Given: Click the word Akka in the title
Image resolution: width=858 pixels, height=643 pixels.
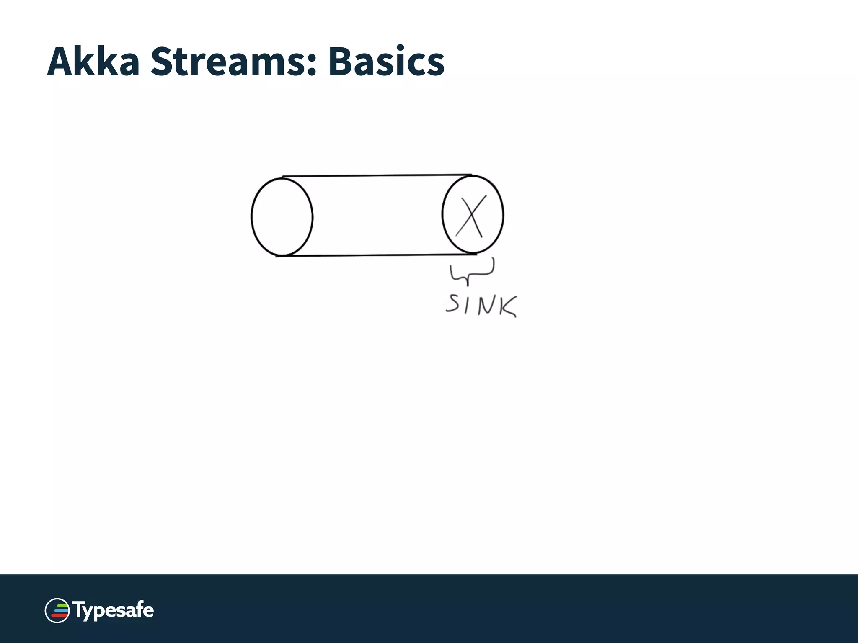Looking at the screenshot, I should [x=93, y=62].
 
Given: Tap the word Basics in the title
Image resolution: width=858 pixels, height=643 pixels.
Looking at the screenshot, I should [x=386, y=62].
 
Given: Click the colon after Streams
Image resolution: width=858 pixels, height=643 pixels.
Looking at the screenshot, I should [x=311, y=67].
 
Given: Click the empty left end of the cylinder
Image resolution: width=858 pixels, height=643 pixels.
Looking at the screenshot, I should [x=282, y=216].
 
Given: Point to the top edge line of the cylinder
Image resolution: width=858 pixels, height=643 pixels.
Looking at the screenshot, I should [x=377, y=176].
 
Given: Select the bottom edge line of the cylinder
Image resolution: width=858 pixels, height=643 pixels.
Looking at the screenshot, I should [x=377, y=255].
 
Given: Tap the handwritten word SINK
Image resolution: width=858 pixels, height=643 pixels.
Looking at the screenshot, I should [x=481, y=305].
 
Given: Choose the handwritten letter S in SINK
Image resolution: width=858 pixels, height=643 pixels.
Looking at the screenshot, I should [x=452, y=303].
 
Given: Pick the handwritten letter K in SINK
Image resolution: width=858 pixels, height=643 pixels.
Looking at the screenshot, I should [x=508, y=307].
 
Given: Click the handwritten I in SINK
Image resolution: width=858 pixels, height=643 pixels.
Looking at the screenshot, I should [x=467, y=304].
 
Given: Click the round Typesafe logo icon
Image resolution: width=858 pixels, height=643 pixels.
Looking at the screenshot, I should [x=57, y=610].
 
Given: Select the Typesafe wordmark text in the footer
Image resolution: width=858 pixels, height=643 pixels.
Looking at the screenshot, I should [x=113, y=610].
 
